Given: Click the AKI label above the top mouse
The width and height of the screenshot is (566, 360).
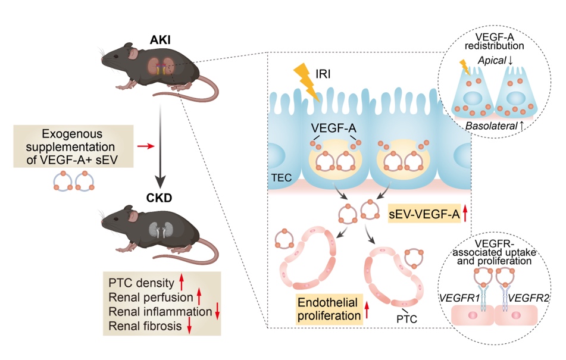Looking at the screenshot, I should click(x=158, y=40).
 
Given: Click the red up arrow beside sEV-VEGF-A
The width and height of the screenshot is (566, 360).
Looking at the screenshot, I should click(x=469, y=212).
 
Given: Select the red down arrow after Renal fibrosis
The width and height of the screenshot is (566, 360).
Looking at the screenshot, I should click(x=190, y=325).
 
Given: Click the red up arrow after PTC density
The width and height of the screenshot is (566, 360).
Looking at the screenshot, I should click(x=184, y=281).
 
